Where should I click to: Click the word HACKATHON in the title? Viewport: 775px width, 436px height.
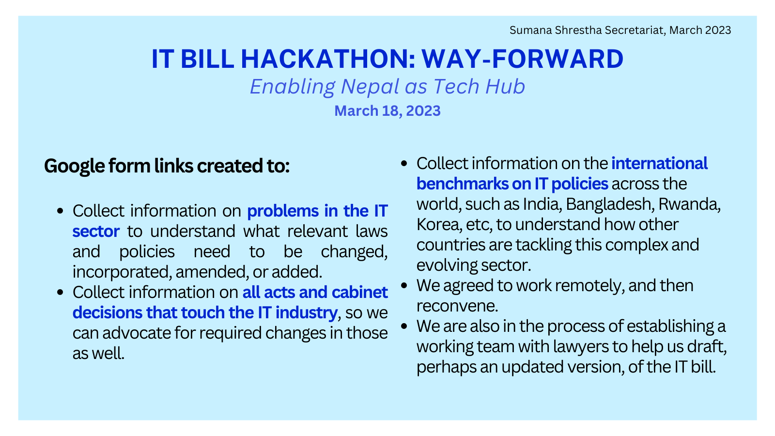327,59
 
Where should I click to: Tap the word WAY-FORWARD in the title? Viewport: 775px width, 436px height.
523,59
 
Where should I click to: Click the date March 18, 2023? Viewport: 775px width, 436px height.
387,111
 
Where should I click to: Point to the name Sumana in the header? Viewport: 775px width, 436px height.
531,30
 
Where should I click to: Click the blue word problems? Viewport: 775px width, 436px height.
283,211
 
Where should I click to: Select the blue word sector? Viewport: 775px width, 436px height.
96,231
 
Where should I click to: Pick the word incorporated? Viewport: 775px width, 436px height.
122,272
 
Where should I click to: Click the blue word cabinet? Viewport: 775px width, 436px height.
360,292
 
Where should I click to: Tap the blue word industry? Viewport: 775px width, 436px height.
307,313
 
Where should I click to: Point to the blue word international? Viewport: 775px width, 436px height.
659,163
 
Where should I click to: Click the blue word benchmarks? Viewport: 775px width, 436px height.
461,184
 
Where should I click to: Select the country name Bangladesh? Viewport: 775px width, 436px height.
610,204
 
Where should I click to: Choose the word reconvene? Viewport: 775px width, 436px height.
457,306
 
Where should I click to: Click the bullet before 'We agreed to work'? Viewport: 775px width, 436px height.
404,286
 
